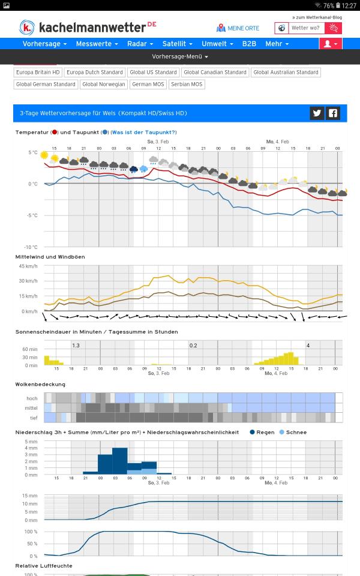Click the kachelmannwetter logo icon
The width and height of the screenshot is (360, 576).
coord(27,27)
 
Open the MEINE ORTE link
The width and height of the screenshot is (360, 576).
coord(238,28)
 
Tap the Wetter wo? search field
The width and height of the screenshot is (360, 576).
coord(305,28)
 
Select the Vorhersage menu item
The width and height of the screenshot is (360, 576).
coord(44,44)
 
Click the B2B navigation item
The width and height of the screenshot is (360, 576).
coord(248,44)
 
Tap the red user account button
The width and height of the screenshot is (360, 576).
coord(331,44)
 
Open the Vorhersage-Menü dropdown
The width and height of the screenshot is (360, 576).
coord(180,56)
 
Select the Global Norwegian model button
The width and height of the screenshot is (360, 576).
coord(104,85)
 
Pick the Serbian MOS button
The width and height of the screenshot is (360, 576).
coord(187,85)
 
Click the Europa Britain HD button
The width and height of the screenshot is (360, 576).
coord(38,72)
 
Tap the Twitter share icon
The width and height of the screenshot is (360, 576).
coord(317,113)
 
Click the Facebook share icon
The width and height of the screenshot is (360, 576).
coord(333,113)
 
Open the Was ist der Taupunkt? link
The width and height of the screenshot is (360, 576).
coord(144,132)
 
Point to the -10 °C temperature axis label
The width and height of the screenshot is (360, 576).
coord(31,247)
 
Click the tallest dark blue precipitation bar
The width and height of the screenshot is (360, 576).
coord(120,461)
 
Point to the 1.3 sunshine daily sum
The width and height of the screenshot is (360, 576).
coord(76,346)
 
